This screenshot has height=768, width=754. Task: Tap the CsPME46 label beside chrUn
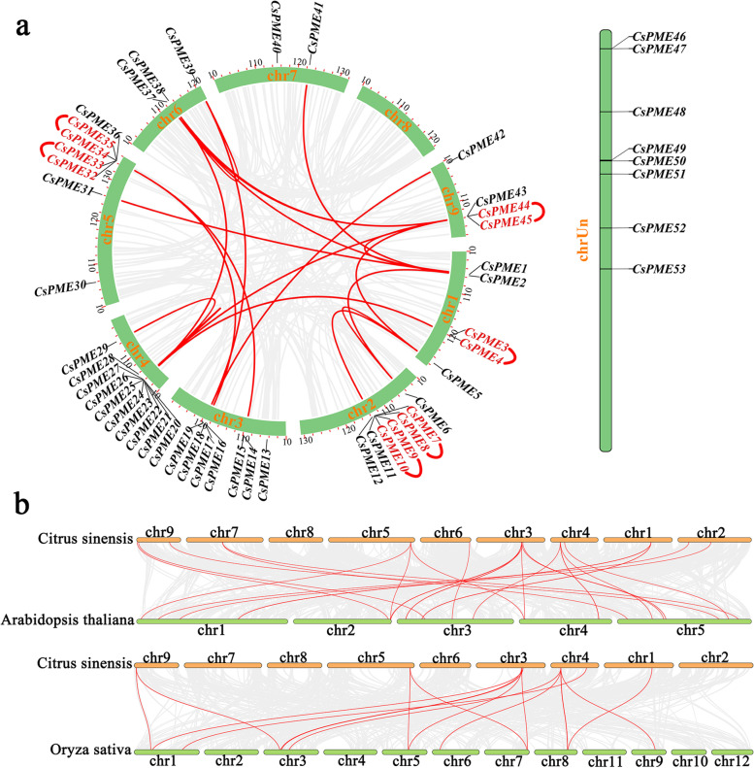tap(659, 36)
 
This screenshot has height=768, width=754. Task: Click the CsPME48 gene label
tap(659, 113)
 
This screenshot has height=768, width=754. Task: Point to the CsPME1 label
tap(504, 267)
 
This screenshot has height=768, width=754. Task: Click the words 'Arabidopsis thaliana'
tap(68, 618)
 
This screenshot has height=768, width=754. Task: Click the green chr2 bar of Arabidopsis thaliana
tap(340, 619)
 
